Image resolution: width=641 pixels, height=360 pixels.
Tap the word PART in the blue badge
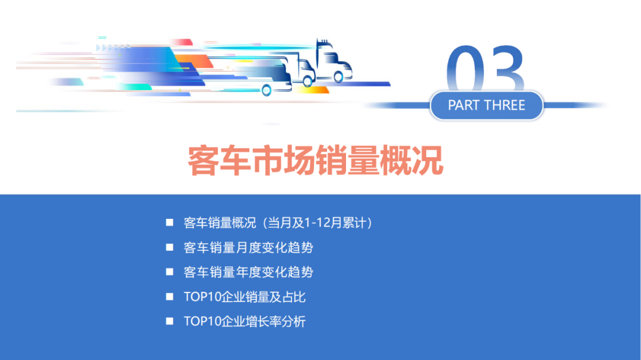click(x=464, y=106)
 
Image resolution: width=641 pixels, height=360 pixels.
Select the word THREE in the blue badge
click(x=505, y=106)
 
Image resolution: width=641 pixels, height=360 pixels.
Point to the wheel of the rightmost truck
click(x=338, y=77)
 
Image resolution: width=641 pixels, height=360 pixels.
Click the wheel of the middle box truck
click(x=307, y=81)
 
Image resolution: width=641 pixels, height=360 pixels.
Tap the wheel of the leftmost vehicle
click(x=266, y=90)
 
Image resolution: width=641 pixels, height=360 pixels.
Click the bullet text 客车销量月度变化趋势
click(x=248, y=247)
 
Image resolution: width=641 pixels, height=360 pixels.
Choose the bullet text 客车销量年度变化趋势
click(x=248, y=272)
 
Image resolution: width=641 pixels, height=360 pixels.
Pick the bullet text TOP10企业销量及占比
click(x=245, y=297)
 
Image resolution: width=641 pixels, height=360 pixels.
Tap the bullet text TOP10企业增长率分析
click(x=245, y=322)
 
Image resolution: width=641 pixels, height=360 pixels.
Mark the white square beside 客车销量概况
click(x=170, y=222)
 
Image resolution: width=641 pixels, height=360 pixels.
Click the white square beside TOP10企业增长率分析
click(x=170, y=321)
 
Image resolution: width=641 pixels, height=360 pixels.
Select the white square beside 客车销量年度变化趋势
click(x=170, y=272)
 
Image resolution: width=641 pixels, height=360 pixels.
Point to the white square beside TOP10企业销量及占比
click(x=170, y=297)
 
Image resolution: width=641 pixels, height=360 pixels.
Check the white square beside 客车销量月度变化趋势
click(x=170, y=247)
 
